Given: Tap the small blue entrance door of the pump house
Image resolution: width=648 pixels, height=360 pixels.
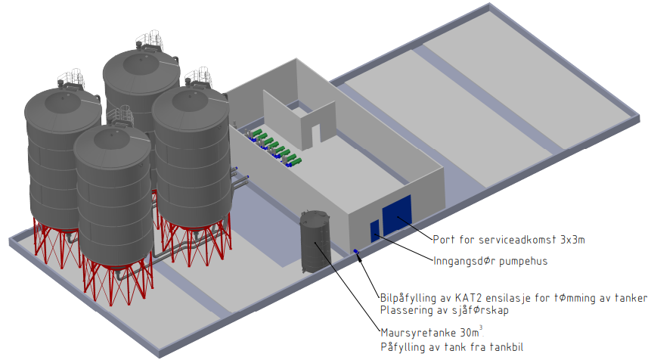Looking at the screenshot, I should pyautogui.click(x=374, y=231).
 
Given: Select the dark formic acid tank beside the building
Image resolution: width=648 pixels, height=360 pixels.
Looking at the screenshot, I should pyautogui.click(x=315, y=242).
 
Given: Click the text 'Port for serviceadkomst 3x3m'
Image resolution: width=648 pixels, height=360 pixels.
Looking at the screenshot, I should pyautogui.click(x=509, y=240).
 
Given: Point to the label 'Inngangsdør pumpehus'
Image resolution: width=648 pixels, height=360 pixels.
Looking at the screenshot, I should pyautogui.click(x=491, y=262).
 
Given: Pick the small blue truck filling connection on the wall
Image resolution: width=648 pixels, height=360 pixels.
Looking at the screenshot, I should pyautogui.click(x=355, y=252).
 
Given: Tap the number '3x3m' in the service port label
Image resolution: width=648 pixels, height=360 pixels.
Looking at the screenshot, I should pyautogui.click(x=571, y=240).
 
